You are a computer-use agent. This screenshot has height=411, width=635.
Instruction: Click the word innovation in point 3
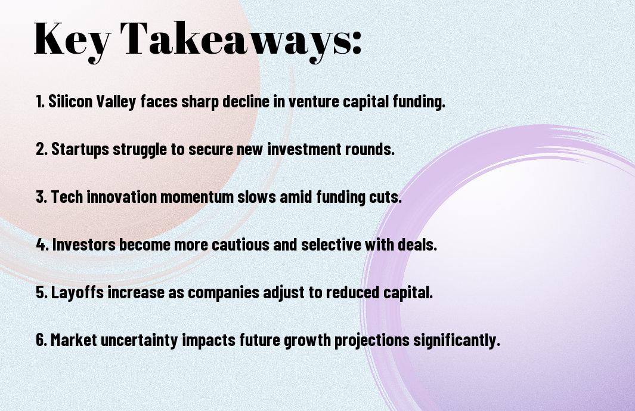(x=122, y=197)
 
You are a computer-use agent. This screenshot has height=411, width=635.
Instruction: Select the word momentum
(x=197, y=197)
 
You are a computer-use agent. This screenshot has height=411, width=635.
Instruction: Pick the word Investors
(x=84, y=245)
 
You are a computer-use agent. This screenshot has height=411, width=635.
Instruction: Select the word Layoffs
(x=77, y=292)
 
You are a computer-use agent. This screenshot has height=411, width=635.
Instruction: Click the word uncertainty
(x=139, y=340)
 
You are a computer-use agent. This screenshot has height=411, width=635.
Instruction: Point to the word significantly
(x=456, y=340)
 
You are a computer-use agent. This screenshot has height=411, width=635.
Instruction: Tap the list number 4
(x=42, y=245)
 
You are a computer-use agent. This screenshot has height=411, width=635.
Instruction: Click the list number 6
(x=41, y=339)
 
